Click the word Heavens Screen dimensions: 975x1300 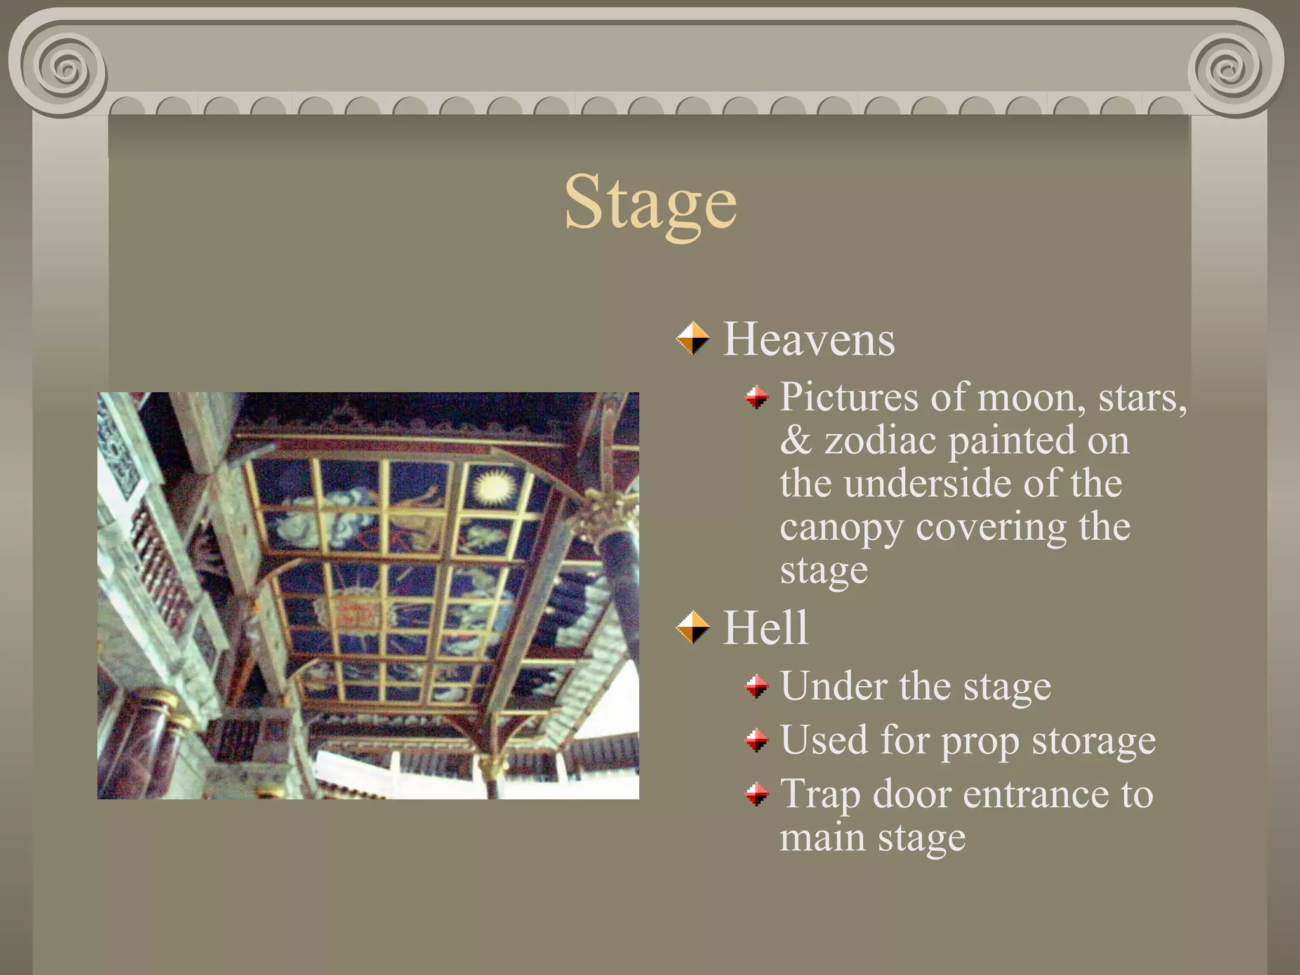tap(809, 340)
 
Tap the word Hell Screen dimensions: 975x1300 tap(766, 628)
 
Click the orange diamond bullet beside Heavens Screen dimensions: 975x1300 tap(693, 338)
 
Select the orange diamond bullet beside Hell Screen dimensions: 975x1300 tap(693, 627)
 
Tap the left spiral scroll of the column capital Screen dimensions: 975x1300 tap(63, 67)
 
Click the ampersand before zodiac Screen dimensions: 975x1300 tap(796, 441)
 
